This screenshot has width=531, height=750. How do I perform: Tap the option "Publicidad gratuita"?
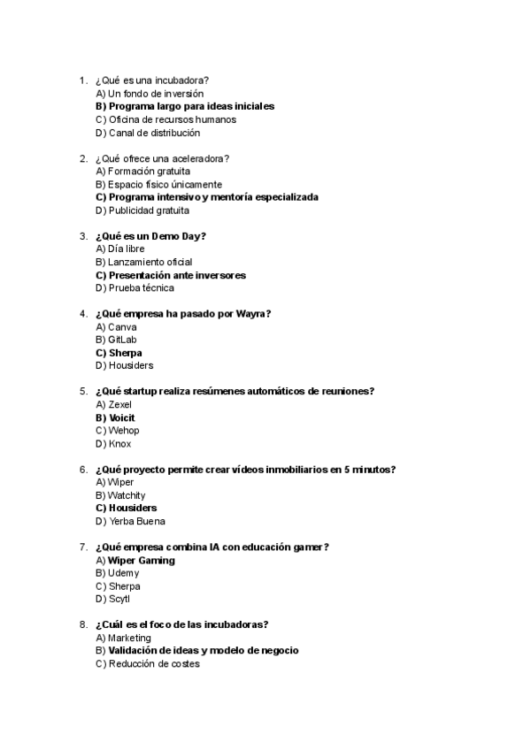click(x=148, y=210)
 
